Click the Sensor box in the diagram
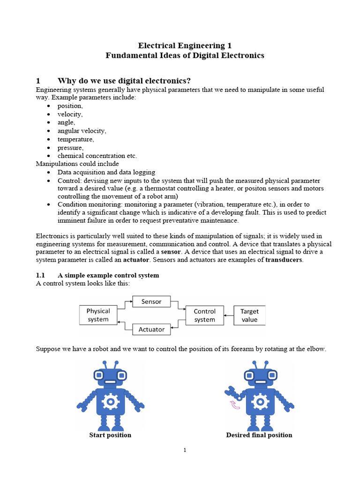pos(151,302)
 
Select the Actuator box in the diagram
pos(151,330)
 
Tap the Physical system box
pos(98,315)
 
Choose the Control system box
pos(204,315)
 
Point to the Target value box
pos(249,315)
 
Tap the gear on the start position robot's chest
pos(111,401)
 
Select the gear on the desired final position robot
pos(261,401)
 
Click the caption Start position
pos(110,435)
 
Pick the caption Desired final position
pos(259,435)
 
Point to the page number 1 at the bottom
pos(185,450)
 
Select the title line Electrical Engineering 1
pos(185,45)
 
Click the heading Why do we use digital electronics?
pos(124,80)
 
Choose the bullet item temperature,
pos(75,139)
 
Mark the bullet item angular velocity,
pos(82,131)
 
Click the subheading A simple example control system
pos(108,275)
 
